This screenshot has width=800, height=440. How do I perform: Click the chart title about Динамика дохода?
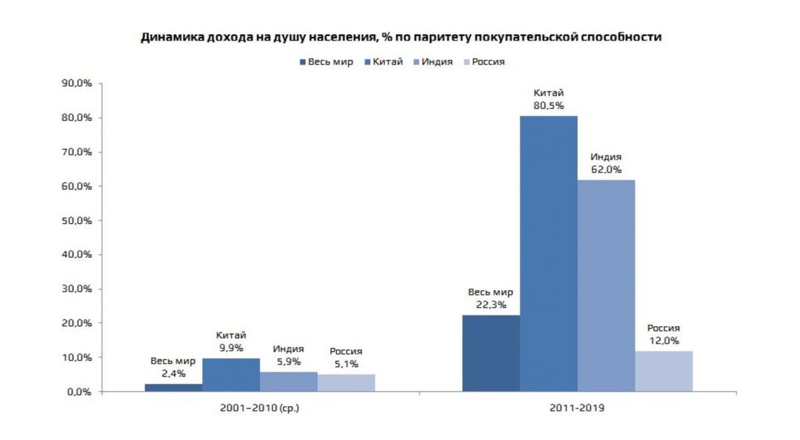(x=401, y=37)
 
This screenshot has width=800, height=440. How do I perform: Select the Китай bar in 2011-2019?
(x=549, y=253)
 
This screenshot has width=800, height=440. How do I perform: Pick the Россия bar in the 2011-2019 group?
(x=663, y=371)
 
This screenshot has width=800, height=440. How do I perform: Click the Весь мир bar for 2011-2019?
(x=491, y=353)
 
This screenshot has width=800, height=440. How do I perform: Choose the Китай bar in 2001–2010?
(x=231, y=375)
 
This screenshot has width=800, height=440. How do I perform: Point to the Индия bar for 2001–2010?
(x=288, y=381)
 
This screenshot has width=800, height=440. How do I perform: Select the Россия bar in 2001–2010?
(x=345, y=383)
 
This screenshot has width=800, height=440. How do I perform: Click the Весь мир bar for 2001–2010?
(x=173, y=387)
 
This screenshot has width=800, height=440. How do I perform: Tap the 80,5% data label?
(x=549, y=105)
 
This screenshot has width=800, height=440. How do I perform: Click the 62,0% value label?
(x=606, y=169)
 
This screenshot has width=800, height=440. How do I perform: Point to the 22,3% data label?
(x=491, y=305)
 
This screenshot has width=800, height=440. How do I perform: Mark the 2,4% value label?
(x=173, y=374)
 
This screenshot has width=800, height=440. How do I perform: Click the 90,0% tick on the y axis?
(x=77, y=83)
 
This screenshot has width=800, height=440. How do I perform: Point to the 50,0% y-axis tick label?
(x=77, y=221)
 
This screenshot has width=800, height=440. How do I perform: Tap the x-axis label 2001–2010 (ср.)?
(x=259, y=407)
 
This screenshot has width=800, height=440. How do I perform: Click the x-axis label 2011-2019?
(x=577, y=407)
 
